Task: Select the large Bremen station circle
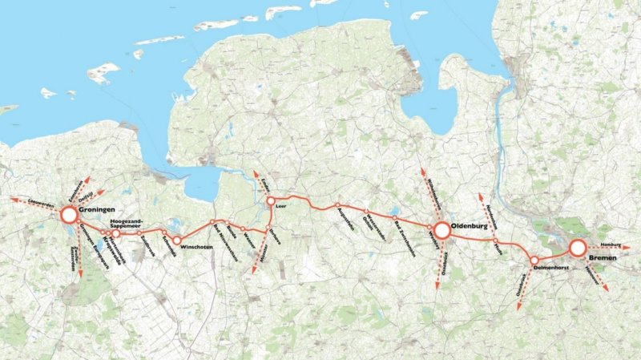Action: tap(578, 249)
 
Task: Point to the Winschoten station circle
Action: tap(177, 240)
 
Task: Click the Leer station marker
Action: tap(271, 200)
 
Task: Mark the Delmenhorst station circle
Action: tap(534, 260)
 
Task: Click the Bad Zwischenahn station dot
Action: tap(394, 216)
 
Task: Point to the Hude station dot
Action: tap(496, 241)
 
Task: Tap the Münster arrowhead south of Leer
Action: tap(254, 271)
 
